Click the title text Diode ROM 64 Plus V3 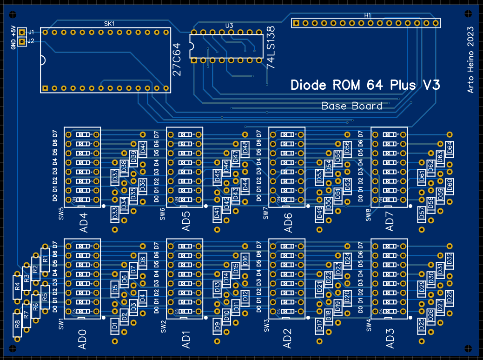point(365,85)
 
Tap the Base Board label point(352,106)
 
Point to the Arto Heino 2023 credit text point(470,60)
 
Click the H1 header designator point(367,15)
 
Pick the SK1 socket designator point(108,23)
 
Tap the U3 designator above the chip point(229,26)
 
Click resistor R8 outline point(17,325)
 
